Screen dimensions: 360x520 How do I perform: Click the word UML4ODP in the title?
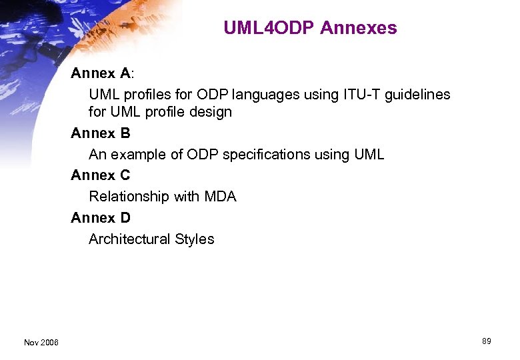tap(269, 28)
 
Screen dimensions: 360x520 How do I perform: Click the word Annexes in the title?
tap(359, 28)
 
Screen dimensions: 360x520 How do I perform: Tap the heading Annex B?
tap(101, 133)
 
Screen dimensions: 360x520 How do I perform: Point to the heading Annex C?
tap(101, 175)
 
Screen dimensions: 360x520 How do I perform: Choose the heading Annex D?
tap(101, 218)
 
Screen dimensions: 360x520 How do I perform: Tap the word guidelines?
tap(417, 95)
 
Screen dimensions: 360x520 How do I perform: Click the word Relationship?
tap(129, 197)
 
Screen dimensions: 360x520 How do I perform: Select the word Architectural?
tap(129, 239)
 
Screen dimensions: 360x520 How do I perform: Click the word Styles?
tap(195, 239)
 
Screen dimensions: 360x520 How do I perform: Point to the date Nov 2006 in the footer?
tap(41, 343)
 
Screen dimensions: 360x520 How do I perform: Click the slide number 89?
tap(486, 341)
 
